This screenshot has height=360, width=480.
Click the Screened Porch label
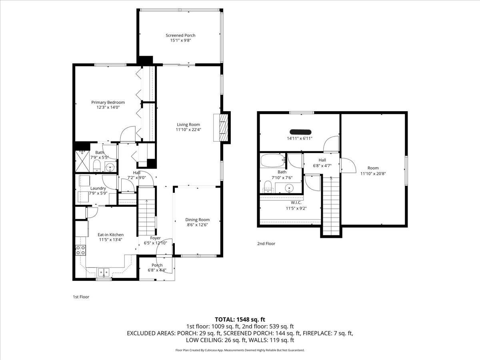click(180, 36)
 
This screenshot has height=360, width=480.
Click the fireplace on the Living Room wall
click(223, 126)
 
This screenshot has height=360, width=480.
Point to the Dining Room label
click(197, 220)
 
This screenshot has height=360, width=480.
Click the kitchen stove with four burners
click(80, 250)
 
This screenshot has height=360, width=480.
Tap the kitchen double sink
click(104, 273)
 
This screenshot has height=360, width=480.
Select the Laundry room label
click(98, 188)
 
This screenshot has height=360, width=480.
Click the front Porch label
click(157, 265)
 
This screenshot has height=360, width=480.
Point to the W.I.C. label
click(293, 202)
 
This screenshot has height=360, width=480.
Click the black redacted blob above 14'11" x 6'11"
click(300, 132)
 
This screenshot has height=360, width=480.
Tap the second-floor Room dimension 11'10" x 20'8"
click(373, 174)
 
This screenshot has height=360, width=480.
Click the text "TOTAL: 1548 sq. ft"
click(240, 319)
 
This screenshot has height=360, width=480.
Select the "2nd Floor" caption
click(266, 243)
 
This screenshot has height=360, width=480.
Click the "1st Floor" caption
click(81, 297)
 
